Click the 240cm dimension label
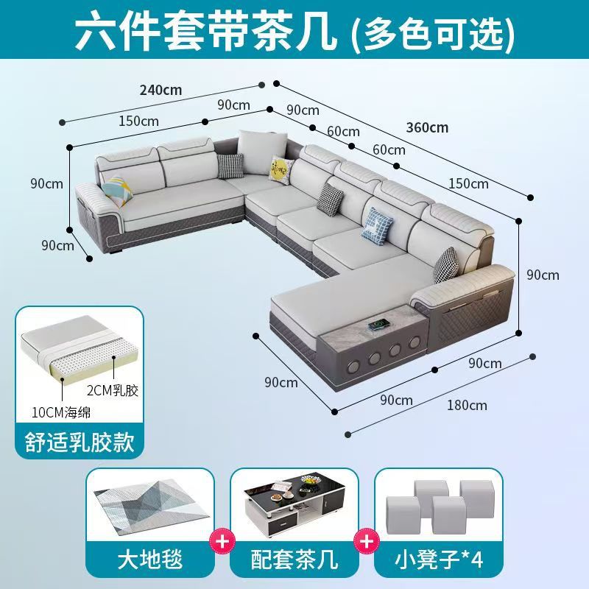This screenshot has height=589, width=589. (x=161, y=90)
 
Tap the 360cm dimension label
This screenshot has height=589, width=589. (x=427, y=127)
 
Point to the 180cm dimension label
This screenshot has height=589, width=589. (x=467, y=406)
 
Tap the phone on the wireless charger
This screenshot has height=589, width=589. (x=378, y=325)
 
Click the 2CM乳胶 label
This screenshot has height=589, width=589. (x=113, y=391)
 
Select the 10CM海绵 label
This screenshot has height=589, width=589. (x=61, y=412)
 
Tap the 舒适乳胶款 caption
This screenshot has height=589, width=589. (x=80, y=442)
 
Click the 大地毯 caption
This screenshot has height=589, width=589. (x=150, y=560)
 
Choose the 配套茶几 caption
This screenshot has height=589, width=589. (x=294, y=560)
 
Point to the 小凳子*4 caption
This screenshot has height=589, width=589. (x=438, y=560)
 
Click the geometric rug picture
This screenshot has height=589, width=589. (x=151, y=509)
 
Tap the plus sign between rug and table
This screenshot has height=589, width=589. (x=222, y=541)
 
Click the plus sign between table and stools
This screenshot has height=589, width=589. (x=366, y=541)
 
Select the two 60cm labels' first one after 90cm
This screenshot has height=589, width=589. (x=343, y=132)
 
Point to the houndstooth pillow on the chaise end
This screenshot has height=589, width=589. (x=446, y=265)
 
